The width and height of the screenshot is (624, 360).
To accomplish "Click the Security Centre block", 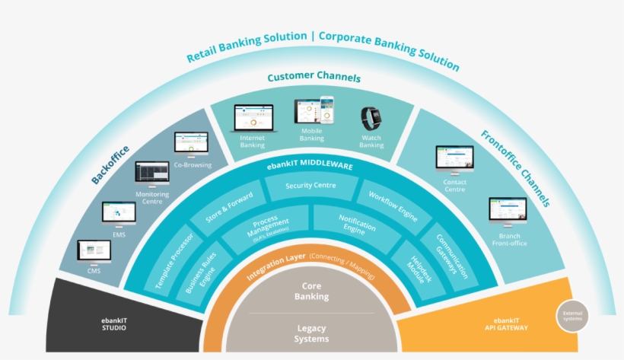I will (x=310, y=186).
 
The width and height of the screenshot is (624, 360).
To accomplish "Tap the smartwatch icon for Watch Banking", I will (x=371, y=118).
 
